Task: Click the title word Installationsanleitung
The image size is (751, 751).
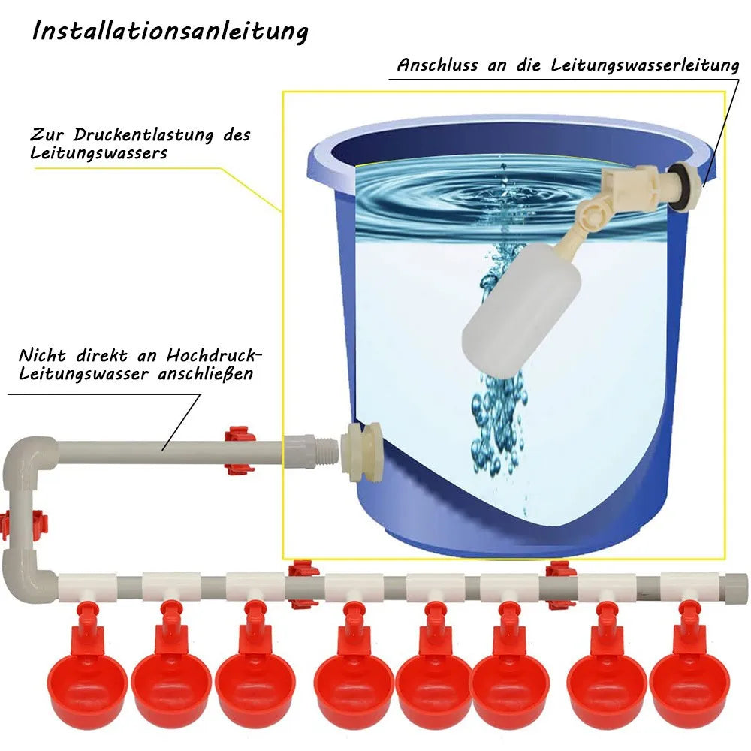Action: pos(170,32)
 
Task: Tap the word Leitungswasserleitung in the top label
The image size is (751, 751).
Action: pos(644,65)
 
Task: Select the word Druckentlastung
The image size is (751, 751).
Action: pos(143,135)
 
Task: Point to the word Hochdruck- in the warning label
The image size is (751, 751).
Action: pos(215,355)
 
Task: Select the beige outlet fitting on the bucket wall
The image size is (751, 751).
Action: pos(360,451)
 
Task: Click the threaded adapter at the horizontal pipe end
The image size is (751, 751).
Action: pos(312,451)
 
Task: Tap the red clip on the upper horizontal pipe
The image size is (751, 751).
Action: pos(239,451)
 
